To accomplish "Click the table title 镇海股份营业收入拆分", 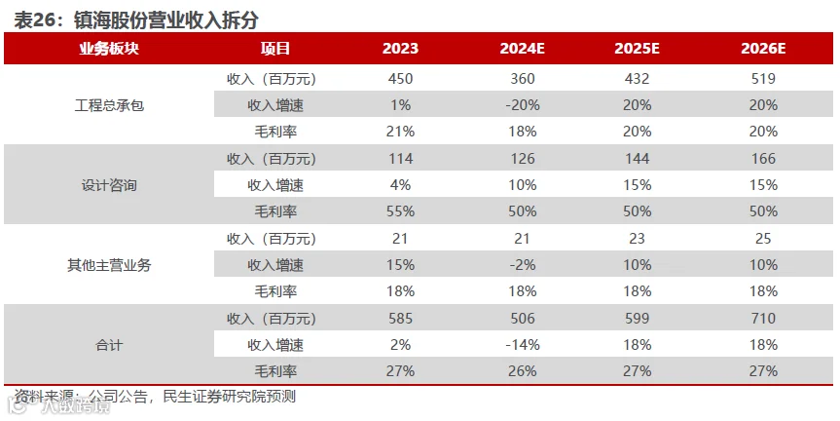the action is tap(166, 19).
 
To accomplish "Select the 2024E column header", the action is tap(522, 49).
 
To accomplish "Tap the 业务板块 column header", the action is tap(109, 49).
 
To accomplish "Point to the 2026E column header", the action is tap(763, 49).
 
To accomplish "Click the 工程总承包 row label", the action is tap(109, 105).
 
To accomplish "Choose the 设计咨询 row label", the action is tap(109, 185).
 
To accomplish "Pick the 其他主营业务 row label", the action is tap(109, 265).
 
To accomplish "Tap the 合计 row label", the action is tap(109, 345).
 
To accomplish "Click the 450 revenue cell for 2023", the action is tap(400, 79).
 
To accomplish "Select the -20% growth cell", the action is tap(523, 105).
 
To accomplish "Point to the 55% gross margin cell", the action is tap(400, 211).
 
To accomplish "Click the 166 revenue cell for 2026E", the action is tap(763, 159).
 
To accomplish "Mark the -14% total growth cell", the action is tap(523, 345).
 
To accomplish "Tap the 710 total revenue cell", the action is tap(763, 319).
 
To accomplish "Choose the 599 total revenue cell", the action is tap(637, 319).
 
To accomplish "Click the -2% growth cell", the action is tap(523, 265).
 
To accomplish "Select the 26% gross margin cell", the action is tap(523, 371).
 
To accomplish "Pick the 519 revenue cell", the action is tap(763, 79).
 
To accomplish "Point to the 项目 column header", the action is tap(275, 49).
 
